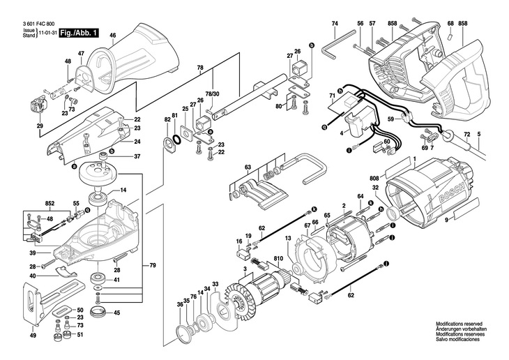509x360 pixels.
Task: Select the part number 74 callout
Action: (335, 24)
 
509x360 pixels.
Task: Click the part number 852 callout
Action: (50, 204)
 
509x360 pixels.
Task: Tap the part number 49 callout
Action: (32, 336)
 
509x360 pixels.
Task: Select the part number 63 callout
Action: (248, 167)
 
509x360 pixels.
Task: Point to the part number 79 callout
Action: (153, 266)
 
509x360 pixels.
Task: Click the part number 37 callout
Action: (137, 156)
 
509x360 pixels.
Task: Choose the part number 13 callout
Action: (288, 239)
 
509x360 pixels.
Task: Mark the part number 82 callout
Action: (167, 120)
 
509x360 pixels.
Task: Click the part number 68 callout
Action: (450, 24)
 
